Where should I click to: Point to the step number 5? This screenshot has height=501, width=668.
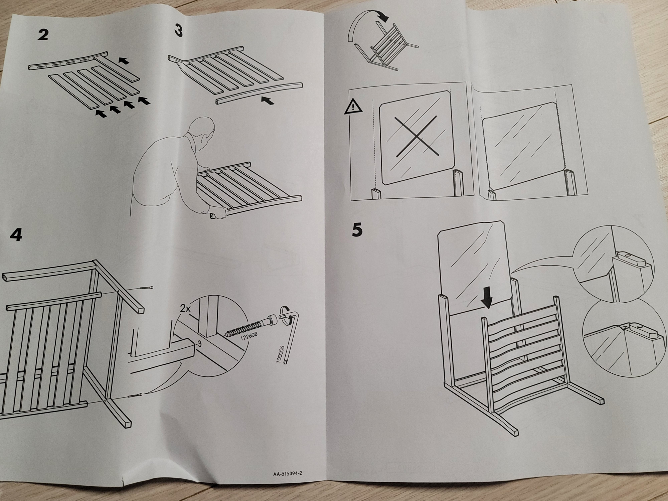357,230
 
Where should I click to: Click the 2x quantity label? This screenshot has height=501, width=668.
185,308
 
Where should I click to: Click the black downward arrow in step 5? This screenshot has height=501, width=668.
487,299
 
